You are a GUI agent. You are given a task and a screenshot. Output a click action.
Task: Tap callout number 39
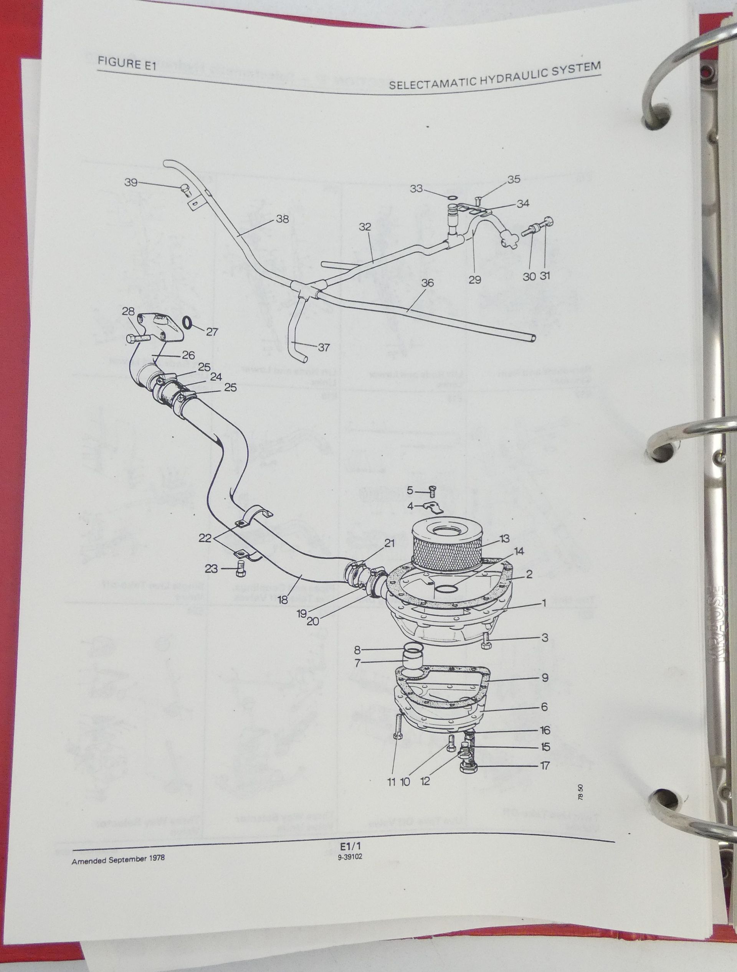(131, 182)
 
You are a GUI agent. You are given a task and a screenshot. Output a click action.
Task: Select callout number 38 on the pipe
(282, 219)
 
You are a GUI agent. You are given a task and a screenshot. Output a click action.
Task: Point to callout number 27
(212, 332)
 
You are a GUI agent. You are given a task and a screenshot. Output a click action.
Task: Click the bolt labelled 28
(137, 338)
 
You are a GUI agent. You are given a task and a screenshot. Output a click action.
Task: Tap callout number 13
(504, 539)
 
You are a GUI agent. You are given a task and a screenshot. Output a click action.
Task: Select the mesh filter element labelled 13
(445, 549)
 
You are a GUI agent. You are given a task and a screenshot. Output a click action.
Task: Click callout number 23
(212, 569)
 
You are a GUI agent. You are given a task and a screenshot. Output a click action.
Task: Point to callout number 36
(427, 283)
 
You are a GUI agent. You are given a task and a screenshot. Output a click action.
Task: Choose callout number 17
(545, 766)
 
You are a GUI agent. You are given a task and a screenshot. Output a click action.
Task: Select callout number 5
(410, 490)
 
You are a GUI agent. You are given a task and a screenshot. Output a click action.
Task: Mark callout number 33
(416, 188)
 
